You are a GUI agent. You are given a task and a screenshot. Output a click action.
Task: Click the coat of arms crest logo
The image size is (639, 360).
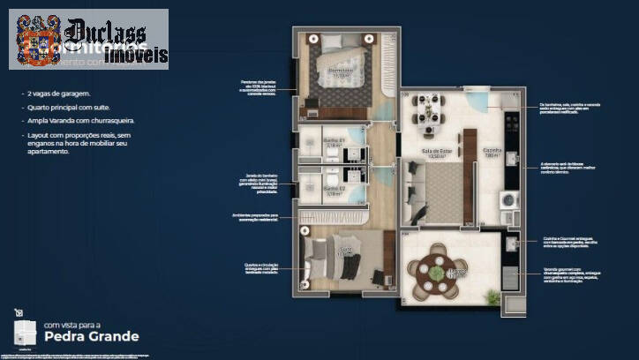pos(36,41)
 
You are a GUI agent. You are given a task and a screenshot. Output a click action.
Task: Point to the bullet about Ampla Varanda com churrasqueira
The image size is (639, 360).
pos(79,121)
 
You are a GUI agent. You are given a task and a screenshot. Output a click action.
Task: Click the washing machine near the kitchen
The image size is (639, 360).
pos(509,201)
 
